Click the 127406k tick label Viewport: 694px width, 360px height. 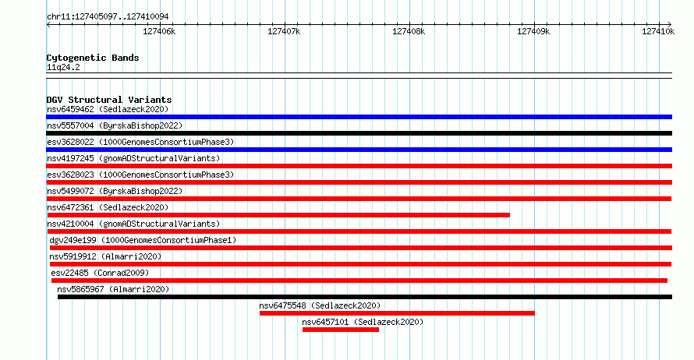click(159, 31)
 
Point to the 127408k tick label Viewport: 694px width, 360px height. click(409, 31)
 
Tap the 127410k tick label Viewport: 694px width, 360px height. click(658, 31)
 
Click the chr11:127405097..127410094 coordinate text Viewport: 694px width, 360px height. click(108, 16)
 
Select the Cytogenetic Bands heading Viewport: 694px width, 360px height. click(93, 58)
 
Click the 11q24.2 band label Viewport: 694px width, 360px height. click(63, 67)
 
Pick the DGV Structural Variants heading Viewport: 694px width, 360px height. click(109, 100)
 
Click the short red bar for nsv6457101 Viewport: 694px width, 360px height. click(340, 330)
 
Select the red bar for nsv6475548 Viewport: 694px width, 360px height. click(397, 313)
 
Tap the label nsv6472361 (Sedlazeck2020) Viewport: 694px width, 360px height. click(108, 207)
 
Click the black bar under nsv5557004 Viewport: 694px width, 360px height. click(359, 133)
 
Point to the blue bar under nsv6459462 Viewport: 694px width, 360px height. click(359, 117)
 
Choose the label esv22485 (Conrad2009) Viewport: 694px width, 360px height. click(100, 273)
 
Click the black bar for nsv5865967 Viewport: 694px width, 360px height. click(365, 297)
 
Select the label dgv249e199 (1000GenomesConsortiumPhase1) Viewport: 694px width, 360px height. click(143, 240)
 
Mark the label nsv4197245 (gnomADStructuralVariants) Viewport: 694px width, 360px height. click(133, 158)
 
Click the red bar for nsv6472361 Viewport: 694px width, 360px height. click(278, 215)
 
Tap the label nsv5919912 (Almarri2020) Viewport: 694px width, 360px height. click(105, 256)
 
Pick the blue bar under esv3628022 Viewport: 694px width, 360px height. click(359, 150)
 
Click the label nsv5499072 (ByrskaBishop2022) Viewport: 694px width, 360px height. click(115, 191)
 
